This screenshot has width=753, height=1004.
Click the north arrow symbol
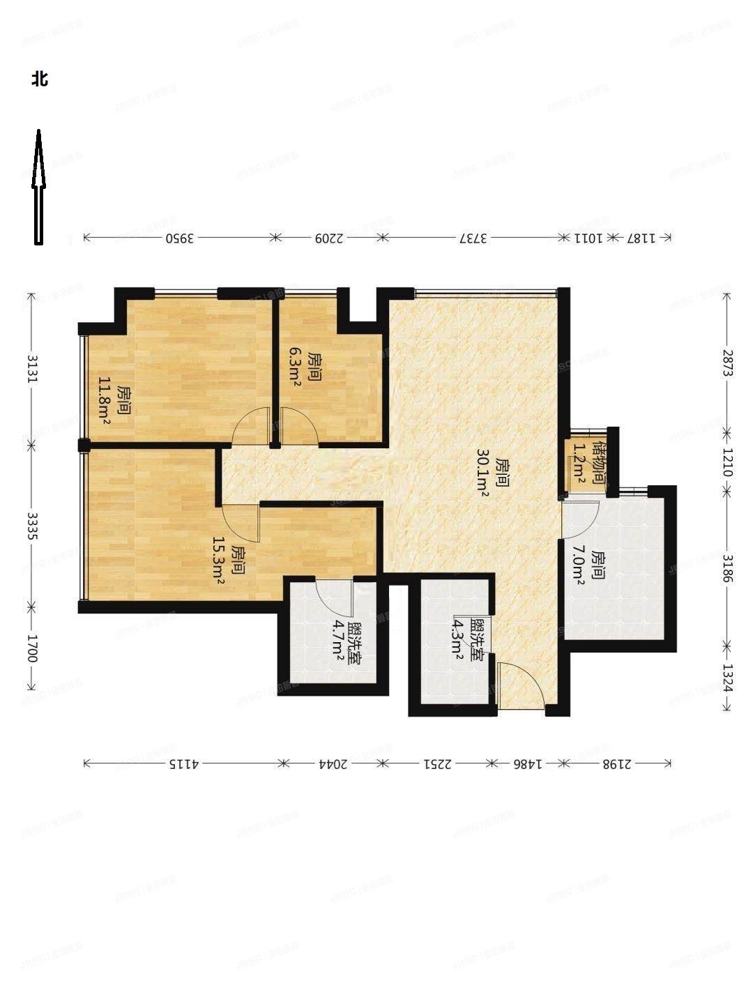pos(39,187)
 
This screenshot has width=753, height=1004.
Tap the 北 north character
pos(39,79)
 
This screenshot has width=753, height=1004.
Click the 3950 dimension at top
pos(178,238)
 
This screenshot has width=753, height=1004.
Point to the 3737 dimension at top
pos(472,238)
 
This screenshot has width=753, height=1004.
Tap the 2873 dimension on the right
pos(727,363)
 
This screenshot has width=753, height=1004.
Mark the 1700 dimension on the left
pos(31,648)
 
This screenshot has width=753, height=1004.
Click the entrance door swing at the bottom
pos(521,687)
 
